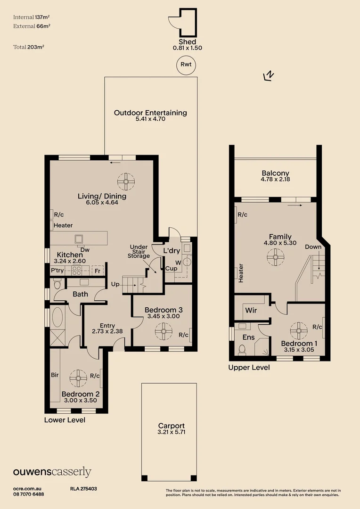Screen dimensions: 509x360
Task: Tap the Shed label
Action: point(187,41)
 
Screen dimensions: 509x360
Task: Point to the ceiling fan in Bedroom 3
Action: point(164,332)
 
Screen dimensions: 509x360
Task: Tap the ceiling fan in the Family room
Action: point(276,257)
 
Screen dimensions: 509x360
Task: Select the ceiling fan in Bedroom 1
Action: point(298,330)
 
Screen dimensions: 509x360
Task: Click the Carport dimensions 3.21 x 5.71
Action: point(171,432)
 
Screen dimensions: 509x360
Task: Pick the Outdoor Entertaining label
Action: point(150,113)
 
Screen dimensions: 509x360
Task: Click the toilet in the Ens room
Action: point(242,349)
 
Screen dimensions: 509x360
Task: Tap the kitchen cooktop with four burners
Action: point(77,271)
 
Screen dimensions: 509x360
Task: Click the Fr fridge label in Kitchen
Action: point(98,271)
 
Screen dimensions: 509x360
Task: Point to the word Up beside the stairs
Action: point(115,285)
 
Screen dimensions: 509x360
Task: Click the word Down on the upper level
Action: point(313,247)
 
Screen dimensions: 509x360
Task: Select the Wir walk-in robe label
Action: point(251,311)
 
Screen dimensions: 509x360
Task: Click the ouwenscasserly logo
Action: point(52,472)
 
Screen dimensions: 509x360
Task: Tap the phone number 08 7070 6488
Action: point(29,494)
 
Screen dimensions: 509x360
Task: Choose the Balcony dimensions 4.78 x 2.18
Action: point(275,180)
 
